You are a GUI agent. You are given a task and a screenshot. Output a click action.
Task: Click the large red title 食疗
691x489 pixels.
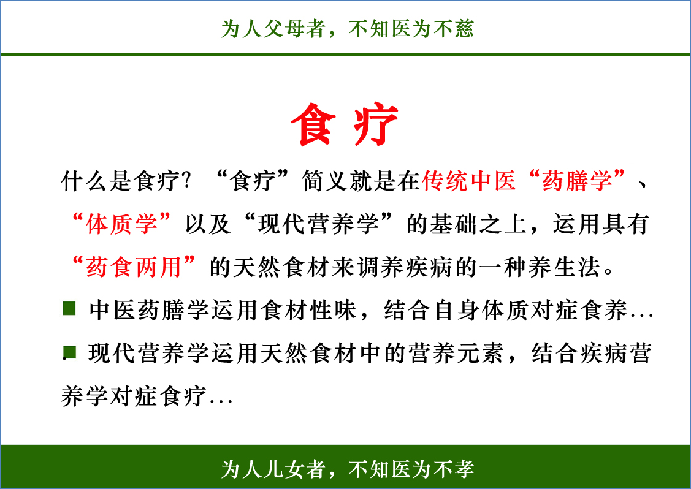pos(345,124)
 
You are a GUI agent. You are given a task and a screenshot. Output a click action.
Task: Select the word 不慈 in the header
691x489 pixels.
pos(453,29)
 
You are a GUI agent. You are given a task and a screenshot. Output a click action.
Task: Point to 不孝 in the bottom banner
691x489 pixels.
pos(453,469)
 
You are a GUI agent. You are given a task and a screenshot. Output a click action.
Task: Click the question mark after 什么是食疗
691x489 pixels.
pos(187,181)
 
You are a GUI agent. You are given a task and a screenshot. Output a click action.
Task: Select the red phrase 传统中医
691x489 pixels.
pos(469,181)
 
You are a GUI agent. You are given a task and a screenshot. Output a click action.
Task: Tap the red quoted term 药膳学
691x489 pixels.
pos(577,181)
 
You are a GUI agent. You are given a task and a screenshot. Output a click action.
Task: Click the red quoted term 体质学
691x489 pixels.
pos(121,224)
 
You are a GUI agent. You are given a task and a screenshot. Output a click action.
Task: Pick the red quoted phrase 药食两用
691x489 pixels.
pos(134,267)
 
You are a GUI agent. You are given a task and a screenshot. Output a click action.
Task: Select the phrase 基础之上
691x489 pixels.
pos(478,224)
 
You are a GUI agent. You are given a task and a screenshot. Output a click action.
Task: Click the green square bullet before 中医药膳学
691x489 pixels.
pos(69,308)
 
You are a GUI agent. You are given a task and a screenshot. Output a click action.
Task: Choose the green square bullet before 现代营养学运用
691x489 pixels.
pos(69,352)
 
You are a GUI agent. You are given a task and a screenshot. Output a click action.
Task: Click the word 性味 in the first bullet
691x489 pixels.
pos(333,309)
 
